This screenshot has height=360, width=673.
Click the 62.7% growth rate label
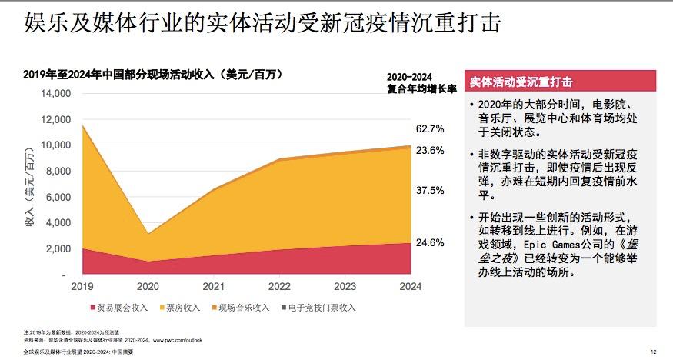[429, 128]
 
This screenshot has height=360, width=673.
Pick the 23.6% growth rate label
[429, 151]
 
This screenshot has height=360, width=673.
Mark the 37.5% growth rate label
[429, 190]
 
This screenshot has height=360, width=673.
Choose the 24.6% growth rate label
[429, 242]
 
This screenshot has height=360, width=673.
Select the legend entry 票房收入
[182, 308]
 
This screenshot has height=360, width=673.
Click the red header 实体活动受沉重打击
[520, 81]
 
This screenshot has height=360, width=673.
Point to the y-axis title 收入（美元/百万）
[30, 185]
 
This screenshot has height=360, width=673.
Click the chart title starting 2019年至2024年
[153, 75]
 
